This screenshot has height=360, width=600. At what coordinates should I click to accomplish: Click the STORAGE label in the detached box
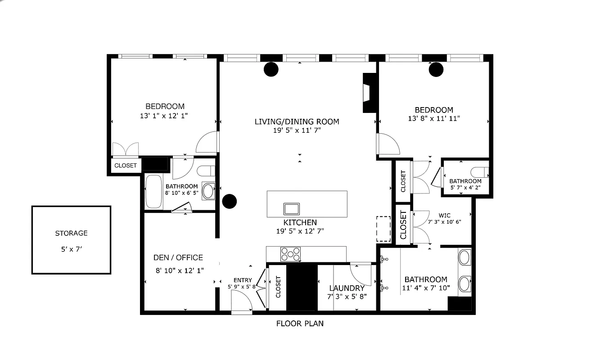click(71, 233)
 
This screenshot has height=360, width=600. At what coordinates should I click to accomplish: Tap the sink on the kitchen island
click(291, 209)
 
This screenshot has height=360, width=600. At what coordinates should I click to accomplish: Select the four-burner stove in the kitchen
click(290, 254)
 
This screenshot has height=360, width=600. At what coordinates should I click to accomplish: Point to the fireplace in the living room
click(367, 93)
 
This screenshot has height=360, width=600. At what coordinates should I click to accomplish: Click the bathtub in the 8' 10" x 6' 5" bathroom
click(153, 192)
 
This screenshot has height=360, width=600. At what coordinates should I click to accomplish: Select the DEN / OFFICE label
click(178, 257)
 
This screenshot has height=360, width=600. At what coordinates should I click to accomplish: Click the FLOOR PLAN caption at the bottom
click(300, 323)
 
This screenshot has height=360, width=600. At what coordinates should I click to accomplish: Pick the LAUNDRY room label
click(347, 288)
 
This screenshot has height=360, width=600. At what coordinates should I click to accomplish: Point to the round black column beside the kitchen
click(230, 201)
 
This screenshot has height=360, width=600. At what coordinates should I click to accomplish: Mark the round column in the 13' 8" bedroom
click(436, 69)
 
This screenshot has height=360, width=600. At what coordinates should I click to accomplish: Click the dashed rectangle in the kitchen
click(383, 229)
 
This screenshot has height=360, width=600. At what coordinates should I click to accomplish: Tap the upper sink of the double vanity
click(464, 258)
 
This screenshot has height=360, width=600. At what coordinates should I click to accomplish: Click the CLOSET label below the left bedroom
click(126, 165)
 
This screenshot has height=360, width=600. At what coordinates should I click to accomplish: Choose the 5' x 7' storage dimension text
click(71, 248)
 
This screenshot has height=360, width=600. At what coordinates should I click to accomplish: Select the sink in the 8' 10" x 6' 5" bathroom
click(208, 191)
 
